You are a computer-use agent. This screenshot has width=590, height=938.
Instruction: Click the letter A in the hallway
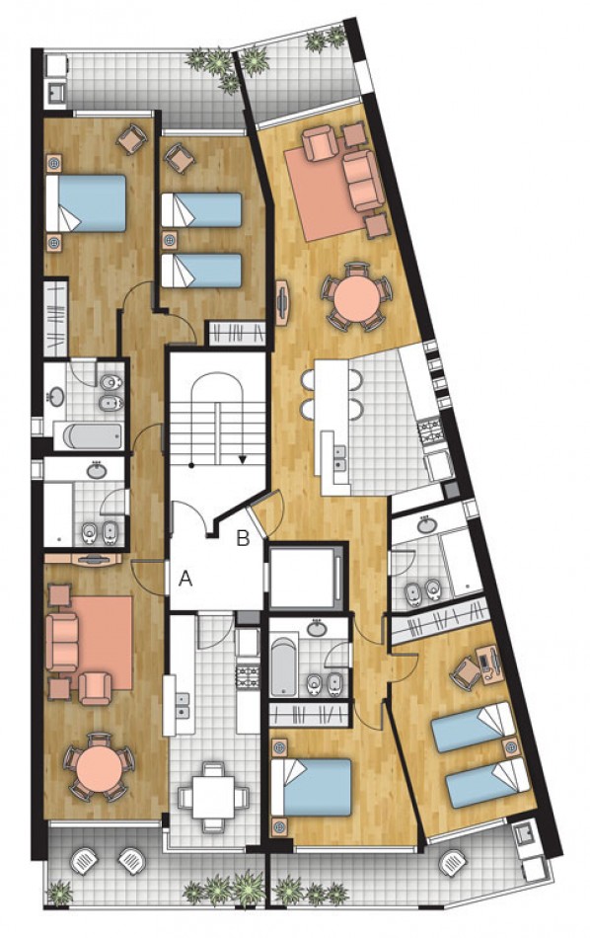[x=184, y=580]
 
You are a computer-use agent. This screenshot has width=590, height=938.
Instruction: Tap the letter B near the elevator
[x=243, y=539]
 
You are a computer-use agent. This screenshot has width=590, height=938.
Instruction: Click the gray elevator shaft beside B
[x=305, y=576]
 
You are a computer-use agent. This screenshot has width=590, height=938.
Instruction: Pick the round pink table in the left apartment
[x=98, y=763]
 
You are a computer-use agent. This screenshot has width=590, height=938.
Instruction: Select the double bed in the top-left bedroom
[x=87, y=203]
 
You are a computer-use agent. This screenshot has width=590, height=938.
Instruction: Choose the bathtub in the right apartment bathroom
[x=284, y=670]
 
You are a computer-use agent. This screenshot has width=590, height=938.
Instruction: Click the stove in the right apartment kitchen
[x=432, y=430]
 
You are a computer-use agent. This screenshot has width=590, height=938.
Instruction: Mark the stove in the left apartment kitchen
[x=247, y=675]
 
